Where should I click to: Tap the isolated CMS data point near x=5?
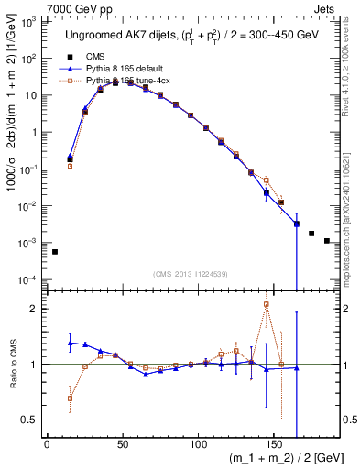tap(55, 252)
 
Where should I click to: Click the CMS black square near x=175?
tap(311, 234)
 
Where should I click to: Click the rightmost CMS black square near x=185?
tap(327, 241)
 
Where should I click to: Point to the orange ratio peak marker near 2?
tap(267, 304)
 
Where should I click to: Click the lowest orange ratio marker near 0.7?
tap(71, 398)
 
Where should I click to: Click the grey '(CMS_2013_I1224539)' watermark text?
tap(190, 274)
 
